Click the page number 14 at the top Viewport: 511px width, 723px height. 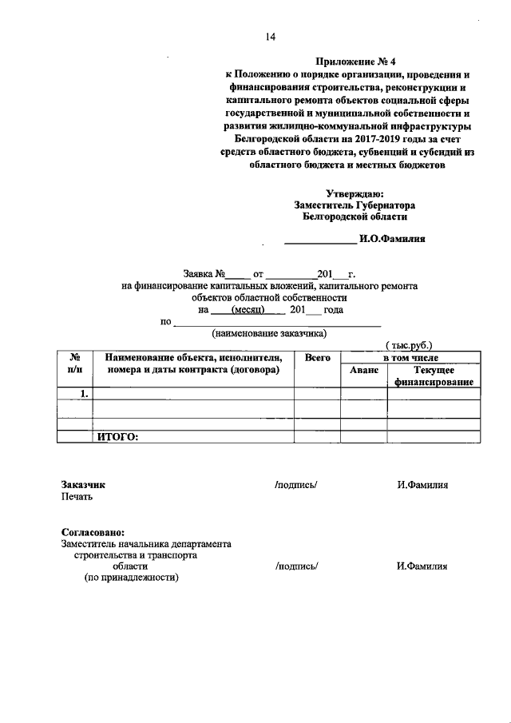point(270,37)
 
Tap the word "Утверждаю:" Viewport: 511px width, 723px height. point(355,193)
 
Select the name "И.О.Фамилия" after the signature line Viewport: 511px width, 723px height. point(392,238)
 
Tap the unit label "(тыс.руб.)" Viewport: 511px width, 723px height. point(409,344)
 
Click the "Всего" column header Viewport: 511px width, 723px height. point(318,358)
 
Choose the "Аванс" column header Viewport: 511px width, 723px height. point(364,371)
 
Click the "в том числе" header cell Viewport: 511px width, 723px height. point(410,358)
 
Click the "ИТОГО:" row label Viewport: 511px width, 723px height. point(118,436)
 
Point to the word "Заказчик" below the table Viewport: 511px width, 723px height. point(83,484)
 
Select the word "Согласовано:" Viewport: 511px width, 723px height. point(93,532)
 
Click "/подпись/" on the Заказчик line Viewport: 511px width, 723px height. point(296,484)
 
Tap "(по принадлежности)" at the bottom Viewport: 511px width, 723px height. point(132,578)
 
